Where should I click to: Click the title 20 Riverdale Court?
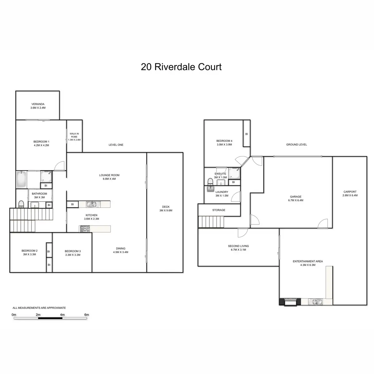pos(181,67)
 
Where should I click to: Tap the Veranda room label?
pos(38,104)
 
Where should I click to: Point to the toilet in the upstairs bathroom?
pos(21,204)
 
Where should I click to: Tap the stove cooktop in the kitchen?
pos(85,229)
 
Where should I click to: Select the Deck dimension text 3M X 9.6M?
pos(165,210)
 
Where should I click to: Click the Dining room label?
pos(121,248)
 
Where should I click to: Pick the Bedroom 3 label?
pos(73,251)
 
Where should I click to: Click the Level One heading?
pos(116,145)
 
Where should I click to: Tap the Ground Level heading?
pos(296,145)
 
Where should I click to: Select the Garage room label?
pos(295,197)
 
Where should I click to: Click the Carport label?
pos(350,192)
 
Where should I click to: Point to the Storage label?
pos(218,210)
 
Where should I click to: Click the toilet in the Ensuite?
pos(210,182)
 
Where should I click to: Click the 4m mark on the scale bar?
pos(62,315)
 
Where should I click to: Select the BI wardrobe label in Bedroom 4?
pos(247,134)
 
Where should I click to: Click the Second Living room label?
pos(238,246)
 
